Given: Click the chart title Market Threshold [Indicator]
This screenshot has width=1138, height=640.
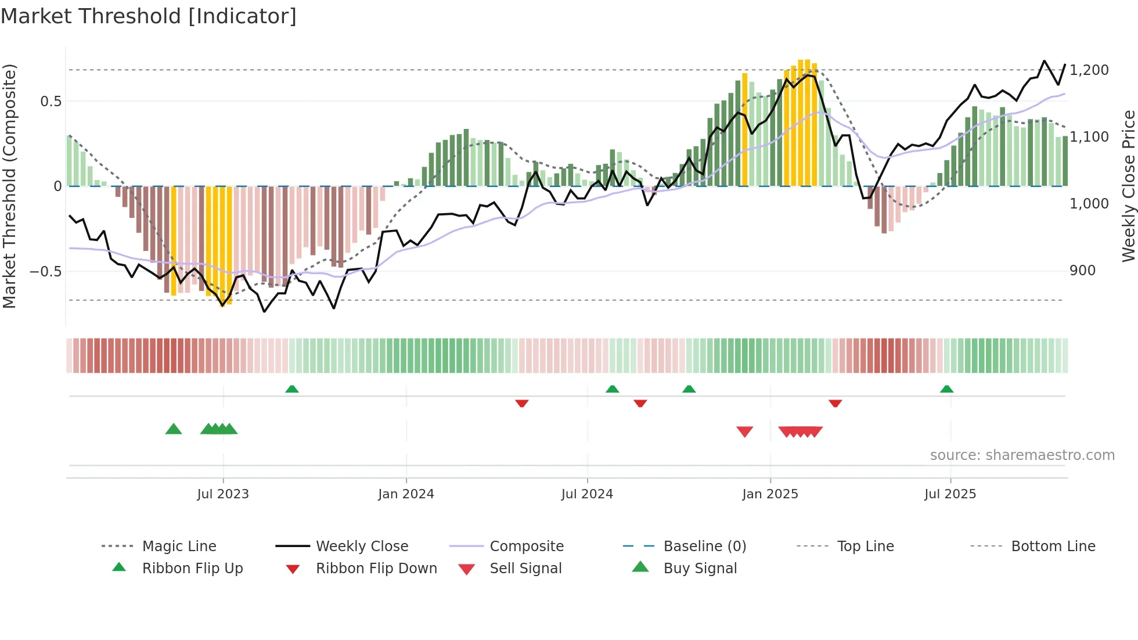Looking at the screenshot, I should point(149,16).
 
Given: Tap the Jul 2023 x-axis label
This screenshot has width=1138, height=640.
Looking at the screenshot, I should point(223,494).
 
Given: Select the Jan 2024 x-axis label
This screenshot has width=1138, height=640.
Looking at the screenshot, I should point(406,494).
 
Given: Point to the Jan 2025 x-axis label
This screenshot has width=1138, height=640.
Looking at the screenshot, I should point(770,494).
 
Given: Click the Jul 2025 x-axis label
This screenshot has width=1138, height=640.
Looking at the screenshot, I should point(950,494).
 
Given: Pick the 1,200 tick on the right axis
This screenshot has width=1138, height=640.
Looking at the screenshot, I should point(1089,70).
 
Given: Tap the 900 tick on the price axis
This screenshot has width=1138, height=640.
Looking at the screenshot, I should point(1082,271).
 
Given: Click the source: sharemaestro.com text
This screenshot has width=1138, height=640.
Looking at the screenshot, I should point(1022,455).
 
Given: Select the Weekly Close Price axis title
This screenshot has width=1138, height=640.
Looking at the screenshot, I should point(1128,186).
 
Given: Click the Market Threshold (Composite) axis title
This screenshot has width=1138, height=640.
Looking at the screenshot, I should point(9,186).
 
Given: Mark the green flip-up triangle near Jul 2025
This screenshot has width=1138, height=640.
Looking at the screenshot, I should point(946,389).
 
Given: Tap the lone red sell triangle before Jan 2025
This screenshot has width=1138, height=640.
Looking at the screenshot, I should point(744,432).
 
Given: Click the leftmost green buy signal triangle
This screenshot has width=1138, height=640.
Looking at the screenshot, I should point(174,429).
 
